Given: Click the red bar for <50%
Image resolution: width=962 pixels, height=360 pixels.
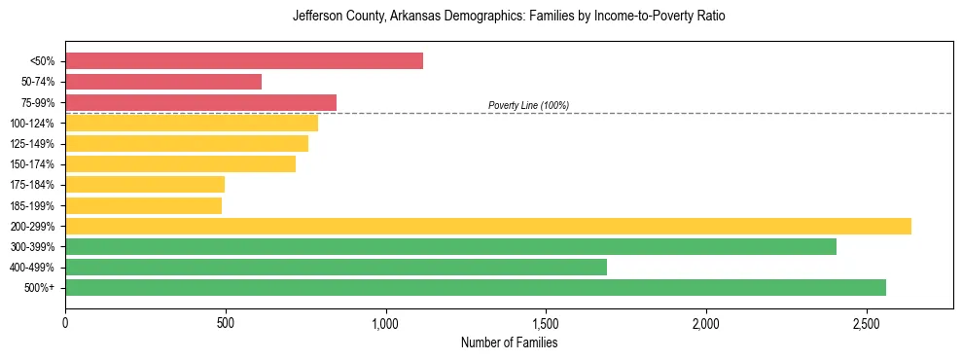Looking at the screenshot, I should click(244, 61).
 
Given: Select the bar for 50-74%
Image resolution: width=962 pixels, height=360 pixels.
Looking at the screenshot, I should click(163, 82).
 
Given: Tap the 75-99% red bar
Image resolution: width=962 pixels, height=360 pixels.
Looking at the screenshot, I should click(200, 102).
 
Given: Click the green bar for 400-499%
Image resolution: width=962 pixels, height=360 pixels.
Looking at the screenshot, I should click(336, 267).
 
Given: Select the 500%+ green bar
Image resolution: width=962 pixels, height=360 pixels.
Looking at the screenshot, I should click(476, 287).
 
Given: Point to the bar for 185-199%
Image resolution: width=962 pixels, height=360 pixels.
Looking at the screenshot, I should click(143, 205).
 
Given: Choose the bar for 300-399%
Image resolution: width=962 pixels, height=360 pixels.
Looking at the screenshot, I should click(450, 246).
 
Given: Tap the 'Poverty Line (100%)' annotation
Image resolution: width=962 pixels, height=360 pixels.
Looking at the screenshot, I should click(528, 105).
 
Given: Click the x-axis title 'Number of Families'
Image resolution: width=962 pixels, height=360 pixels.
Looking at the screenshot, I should click(509, 342).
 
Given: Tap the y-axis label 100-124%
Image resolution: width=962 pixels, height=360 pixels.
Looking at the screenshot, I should click(31, 124).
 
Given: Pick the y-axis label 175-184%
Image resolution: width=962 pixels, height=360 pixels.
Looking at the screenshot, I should click(31, 185).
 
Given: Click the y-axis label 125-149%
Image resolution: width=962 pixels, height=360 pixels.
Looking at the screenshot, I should click(31, 144).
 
